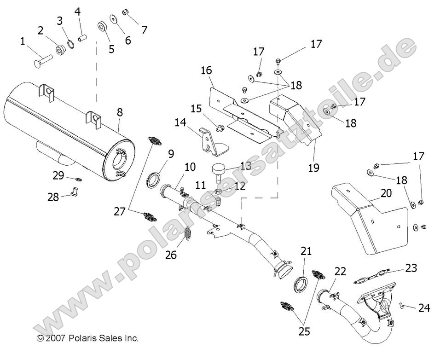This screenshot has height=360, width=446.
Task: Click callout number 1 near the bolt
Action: pos(23,42)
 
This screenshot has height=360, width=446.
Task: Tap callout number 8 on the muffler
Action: pos(120,111)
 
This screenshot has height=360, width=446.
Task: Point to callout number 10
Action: pos(190,167)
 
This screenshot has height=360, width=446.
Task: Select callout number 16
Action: pos(206,71)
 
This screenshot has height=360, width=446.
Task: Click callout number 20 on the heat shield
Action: pos(386,193)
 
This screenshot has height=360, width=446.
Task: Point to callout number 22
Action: pos(340,272)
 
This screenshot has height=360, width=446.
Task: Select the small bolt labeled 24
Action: pos(402,304)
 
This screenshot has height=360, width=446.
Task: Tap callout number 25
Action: pos(304,331)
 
